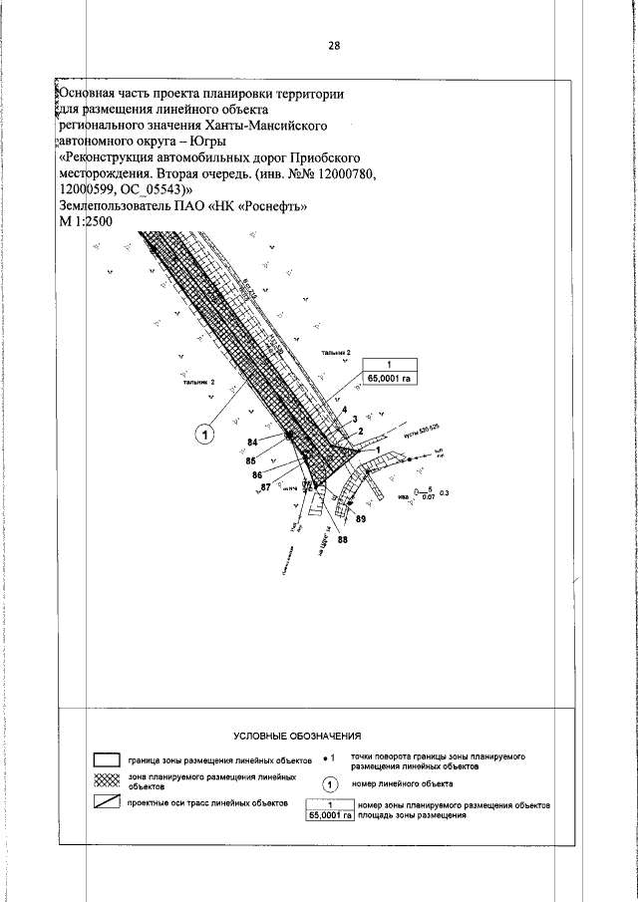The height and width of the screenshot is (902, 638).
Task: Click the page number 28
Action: point(334,46)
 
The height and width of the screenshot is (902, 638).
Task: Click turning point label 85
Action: point(252,460)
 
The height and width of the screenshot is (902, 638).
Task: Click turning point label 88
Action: point(343,539)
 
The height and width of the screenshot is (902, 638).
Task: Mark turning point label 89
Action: point(360,520)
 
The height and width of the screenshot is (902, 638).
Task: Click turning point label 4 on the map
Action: point(343,411)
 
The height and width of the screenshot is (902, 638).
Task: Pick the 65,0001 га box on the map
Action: point(391,377)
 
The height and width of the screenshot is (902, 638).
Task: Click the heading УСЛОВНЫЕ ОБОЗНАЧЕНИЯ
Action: point(296,736)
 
